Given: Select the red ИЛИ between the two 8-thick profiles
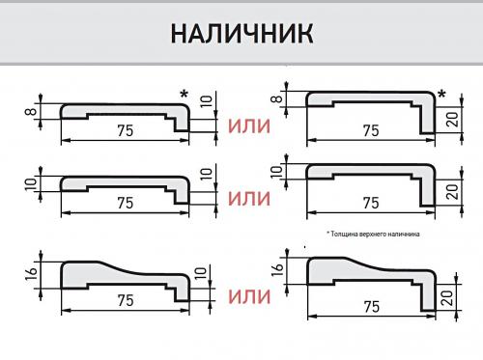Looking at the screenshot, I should (x=248, y=126).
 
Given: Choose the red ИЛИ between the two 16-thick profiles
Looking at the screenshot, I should (x=248, y=294).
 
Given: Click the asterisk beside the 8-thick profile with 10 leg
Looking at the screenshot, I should (x=183, y=94).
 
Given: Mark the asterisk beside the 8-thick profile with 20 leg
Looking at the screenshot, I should (x=441, y=95).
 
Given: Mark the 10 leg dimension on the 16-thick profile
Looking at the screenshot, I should (x=202, y=276).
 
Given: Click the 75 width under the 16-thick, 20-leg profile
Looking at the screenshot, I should (x=368, y=307).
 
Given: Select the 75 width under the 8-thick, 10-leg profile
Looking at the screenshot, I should (x=124, y=130).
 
